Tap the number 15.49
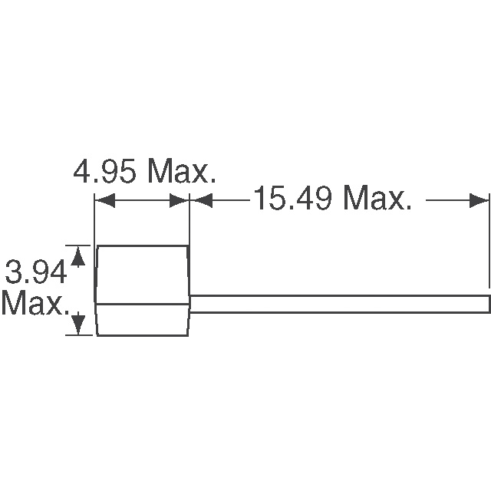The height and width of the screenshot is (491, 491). coord(292,200)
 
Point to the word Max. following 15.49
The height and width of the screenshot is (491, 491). coord(376,200)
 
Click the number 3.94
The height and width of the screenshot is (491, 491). coord(34,272)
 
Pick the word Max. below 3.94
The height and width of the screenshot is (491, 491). coord(34,304)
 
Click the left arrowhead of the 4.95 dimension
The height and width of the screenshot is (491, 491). coord(102,201)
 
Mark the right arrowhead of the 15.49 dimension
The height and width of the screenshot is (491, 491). coord(481,201)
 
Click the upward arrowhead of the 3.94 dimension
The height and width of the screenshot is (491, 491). coord(77,253)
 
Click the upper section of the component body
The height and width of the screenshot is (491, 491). coord(142,273)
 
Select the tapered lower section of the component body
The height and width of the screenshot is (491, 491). coord(142,319)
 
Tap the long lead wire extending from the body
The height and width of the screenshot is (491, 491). coord(338,304)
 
